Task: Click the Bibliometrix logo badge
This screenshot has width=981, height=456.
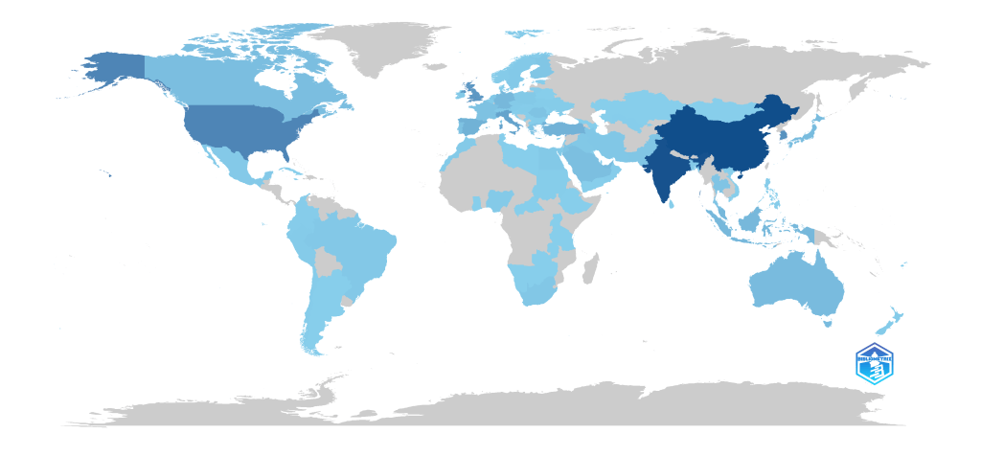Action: click(x=874, y=363)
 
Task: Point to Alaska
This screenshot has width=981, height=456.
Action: click(x=115, y=72)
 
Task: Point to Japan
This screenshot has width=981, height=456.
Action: click(x=813, y=130)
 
